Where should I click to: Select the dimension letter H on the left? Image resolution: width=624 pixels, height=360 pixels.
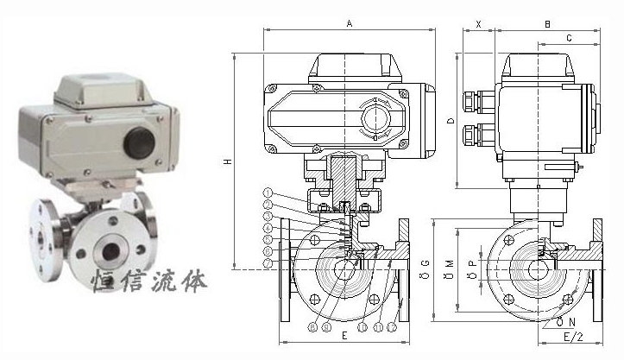point(227,161)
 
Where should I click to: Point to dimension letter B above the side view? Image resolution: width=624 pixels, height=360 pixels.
point(547,23)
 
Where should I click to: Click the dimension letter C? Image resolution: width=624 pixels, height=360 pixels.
point(569,39)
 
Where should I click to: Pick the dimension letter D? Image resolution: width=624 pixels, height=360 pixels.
point(451,121)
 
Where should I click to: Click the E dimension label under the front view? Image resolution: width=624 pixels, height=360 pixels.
point(345,333)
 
